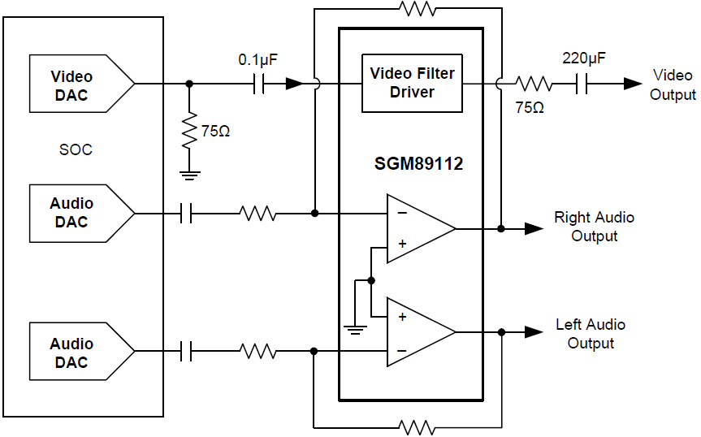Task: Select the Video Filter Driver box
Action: [x=412, y=83]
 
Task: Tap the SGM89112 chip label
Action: [x=413, y=164]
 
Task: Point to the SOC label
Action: [x=76, y=150]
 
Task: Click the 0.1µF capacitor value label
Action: [x=258, y=60]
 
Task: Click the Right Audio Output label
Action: [x=594, y=227]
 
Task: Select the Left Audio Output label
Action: [x=591, y=334]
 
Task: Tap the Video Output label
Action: [x=673, y=84]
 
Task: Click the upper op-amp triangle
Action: [x=418, y=228]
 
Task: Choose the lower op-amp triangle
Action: [x=418, y=332]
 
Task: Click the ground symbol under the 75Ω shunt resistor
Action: [x=189, y=173]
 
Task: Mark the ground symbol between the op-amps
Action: [x=354, y=328]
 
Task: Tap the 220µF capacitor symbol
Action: [x=581, y=83]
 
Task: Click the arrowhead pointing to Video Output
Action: [x=633, y=83]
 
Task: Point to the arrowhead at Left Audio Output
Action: [x=534, y=331]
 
